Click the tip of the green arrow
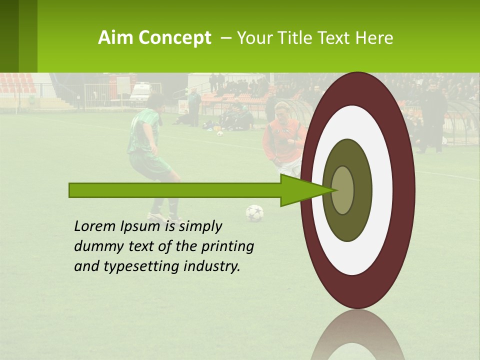point(334,190)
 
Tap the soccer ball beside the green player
point(254,213)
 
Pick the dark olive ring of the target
point(362,190)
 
